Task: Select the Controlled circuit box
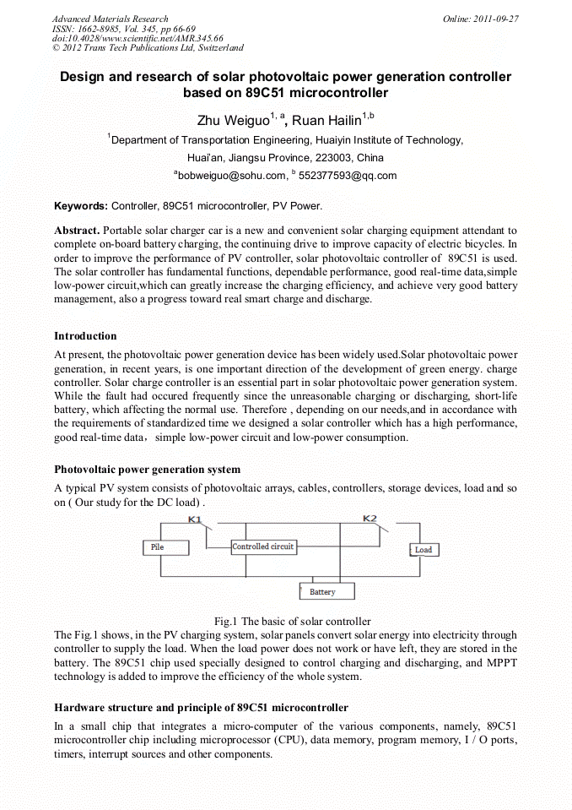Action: tap(262, 547)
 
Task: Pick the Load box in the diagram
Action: tap(423, 550)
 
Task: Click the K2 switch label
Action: tap(370, 519)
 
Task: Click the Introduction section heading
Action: tap(85, 336)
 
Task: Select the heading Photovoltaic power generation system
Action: tap(147, 469)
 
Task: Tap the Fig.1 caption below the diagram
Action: tap(292, 621)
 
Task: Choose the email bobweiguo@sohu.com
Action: tap(231, 176)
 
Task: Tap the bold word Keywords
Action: tap(80, 205)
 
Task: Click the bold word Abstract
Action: tap(77, 230)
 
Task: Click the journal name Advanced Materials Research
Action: tap(110, 19)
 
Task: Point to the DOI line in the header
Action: tap(138, 38)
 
